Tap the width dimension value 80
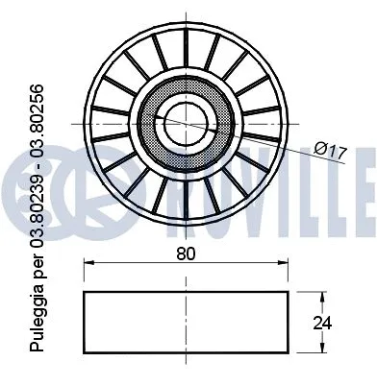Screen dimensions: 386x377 186,255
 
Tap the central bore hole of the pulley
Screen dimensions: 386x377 185,121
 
